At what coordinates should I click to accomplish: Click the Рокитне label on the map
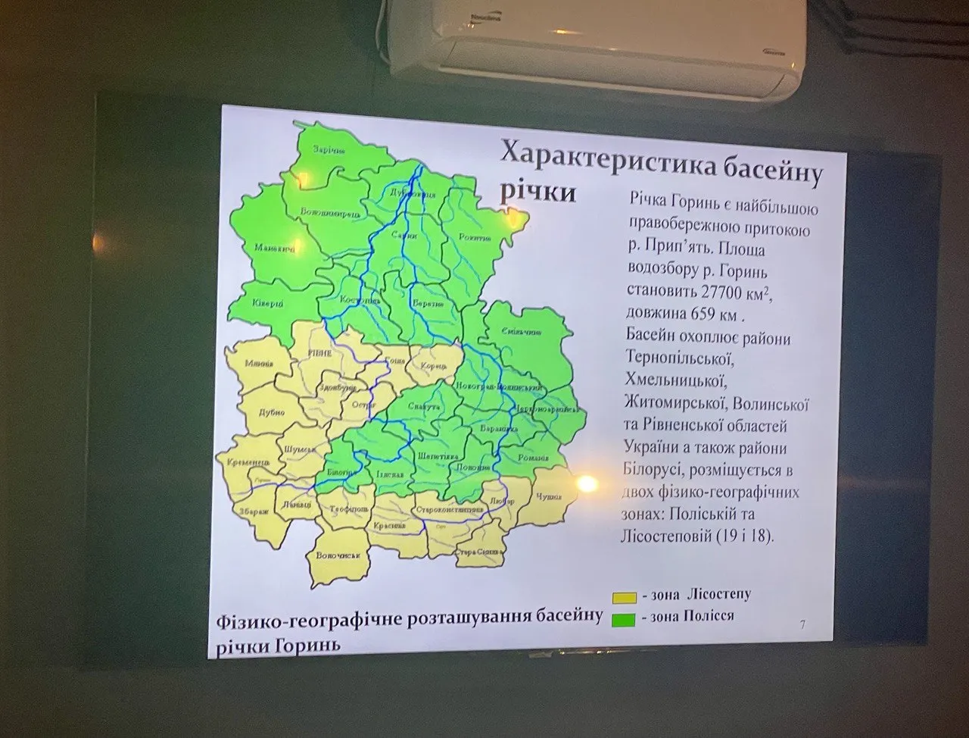coord(475,237)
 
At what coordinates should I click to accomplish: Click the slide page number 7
coord(802,625)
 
